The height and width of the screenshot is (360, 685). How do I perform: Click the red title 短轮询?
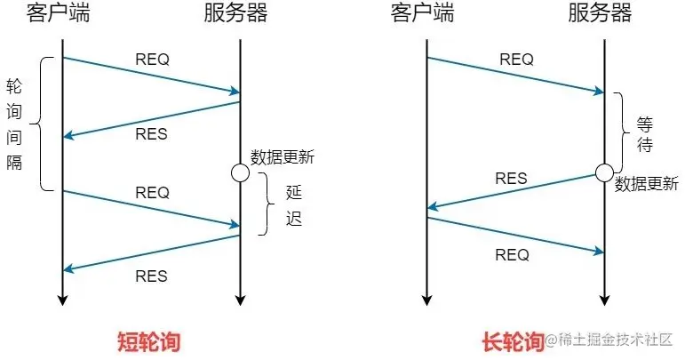(154, 340)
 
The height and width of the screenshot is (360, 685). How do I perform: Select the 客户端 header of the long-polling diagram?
(425, 13)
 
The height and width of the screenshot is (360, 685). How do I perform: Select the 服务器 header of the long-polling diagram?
(601, 13)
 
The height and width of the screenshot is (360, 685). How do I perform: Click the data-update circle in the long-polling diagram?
(603, 172)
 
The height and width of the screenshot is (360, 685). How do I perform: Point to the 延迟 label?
(294, 204)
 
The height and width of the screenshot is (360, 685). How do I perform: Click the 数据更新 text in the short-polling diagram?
(283, 157)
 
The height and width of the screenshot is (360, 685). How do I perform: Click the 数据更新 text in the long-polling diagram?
(647, 185)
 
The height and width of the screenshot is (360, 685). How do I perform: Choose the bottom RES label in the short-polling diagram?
(152, 275)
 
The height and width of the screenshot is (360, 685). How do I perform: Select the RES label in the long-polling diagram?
(510, 178)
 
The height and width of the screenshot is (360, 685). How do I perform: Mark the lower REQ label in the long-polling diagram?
(511, 255)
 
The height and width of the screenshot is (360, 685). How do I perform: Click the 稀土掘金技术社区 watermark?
(614, 341)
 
